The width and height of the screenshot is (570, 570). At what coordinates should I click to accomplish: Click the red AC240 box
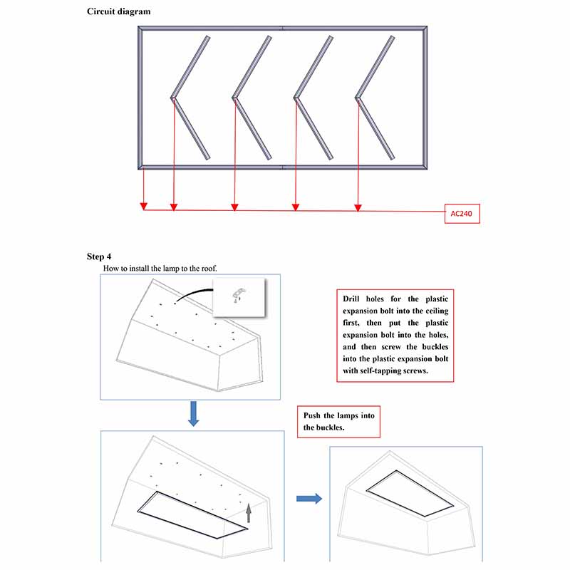point(462,213)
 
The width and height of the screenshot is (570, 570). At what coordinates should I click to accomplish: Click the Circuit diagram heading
point(118,11)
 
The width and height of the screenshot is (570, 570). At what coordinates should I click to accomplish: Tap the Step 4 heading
point(99,256)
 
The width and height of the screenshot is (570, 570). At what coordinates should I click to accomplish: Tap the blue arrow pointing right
point(308,499)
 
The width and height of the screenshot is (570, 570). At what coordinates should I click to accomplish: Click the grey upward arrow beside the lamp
point(249,513)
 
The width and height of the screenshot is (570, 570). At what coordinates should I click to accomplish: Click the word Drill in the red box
point(355,300)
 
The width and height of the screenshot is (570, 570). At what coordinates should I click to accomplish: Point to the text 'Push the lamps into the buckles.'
point(339,422)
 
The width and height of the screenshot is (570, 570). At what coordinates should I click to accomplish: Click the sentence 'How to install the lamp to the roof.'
point(160,269)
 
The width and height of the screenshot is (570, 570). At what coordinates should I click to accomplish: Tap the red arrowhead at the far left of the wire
point(144,207)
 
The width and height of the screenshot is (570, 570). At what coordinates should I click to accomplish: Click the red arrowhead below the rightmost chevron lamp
point(358,207)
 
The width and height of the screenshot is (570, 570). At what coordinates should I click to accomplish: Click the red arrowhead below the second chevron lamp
point(234,207)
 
